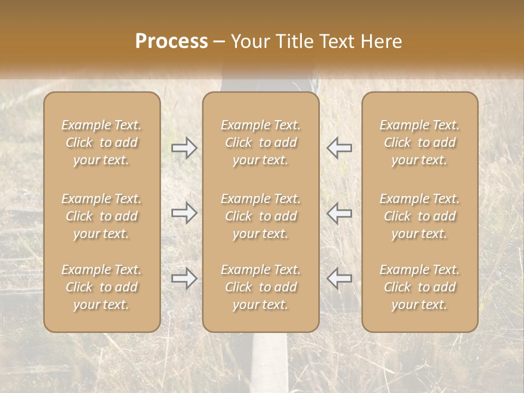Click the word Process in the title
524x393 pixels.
pyautogui.click(x=171, y=41)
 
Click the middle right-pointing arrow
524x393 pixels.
pyautogui.click(x=184, y=213)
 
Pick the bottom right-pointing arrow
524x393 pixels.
pyautogui.click(x=184, y=279)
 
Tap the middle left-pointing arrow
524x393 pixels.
pyautogui.click(x=340, y=213)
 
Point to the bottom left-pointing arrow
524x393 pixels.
pyautogui.click(x=340, y=279)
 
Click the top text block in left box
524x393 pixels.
pyautogui.click(x=102, y=142)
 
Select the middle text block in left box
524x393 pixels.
pyautogui.click(x=102, y=216)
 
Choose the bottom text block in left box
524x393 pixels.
pyautogui.click(x=102, y=287)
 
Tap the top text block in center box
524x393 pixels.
pyautogui.click(x=261, y=142)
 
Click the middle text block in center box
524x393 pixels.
pyautogui.click(x=261, y=216)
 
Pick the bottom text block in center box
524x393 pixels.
pyautogui.click(x=261, y=287)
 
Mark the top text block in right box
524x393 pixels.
pyautogui.click(x=420, y=142)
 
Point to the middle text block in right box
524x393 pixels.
pyautogui.click(x=420, y=216)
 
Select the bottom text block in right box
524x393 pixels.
pyautogui.click(x=420, y=287)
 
